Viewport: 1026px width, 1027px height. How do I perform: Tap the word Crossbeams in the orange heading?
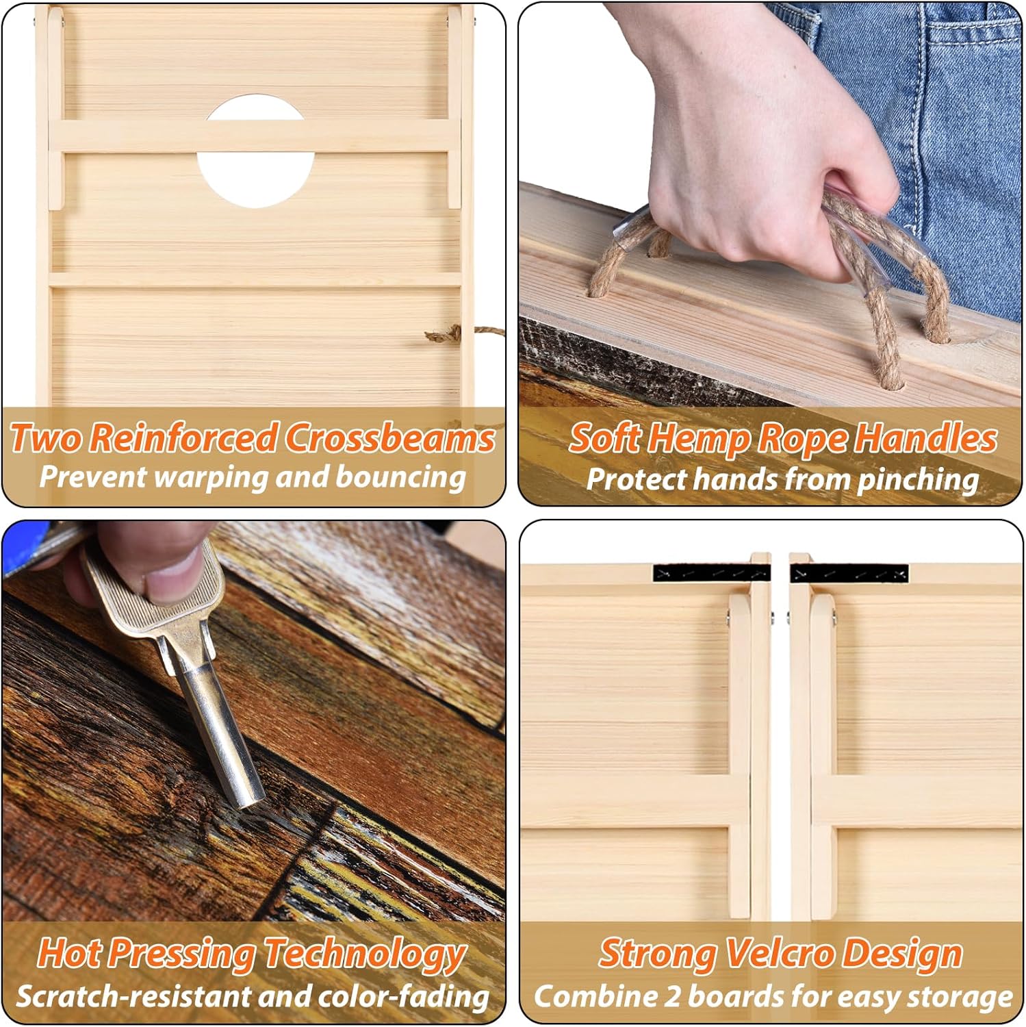tap(390, 438)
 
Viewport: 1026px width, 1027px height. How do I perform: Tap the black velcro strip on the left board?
tap(712, 573)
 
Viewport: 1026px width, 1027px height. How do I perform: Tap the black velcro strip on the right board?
tap(849, 574)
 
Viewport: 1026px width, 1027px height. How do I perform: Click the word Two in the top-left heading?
tap(48, 438)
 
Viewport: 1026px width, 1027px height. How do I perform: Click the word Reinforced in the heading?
tap(185, 438)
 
